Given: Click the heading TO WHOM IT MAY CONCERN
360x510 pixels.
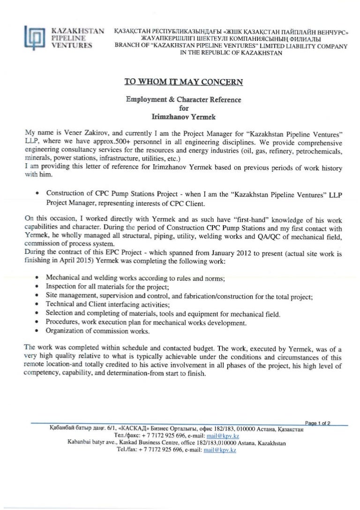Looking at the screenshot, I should point(183,81).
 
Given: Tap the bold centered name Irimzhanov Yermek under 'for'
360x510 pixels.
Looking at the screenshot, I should point(183,115).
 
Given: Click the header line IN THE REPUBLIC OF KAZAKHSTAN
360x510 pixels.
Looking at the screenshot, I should point(231,53).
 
